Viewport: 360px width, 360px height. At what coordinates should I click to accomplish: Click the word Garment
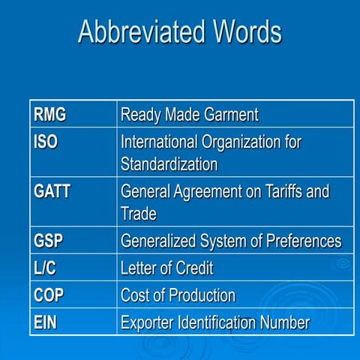point(229,115)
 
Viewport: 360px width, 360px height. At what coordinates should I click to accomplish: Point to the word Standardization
point(169,163)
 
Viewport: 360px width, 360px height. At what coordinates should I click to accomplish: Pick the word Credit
point(193,268)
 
